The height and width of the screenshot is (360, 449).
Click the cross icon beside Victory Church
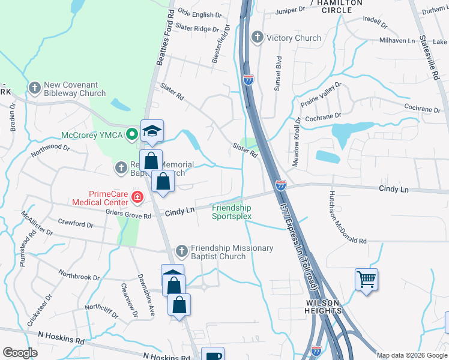click(258, 38)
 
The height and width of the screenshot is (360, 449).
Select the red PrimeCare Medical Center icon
click(137, 196)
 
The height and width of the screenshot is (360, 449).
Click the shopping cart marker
click(366, 279)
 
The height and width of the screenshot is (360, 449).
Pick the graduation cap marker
click(152, 130)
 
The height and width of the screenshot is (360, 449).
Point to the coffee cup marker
click(212, 355)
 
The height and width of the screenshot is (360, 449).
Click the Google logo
click(20, 353)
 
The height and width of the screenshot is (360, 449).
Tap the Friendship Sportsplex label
click(231, 212)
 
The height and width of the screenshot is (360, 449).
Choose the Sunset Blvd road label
click(277, 73)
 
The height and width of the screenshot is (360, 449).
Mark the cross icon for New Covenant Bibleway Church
click(34, 88)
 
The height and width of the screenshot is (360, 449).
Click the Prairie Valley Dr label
click(321, 94)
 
